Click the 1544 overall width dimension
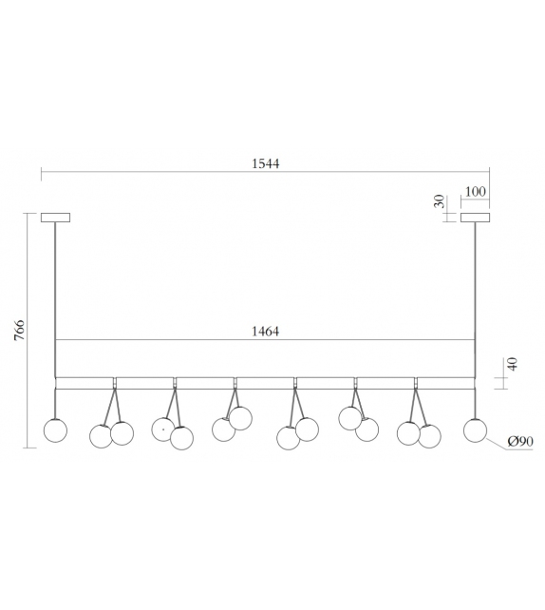tap(266, 163)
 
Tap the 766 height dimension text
tap(19, 330)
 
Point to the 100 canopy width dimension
tap(476, 192)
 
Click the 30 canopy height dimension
tap(439, 203)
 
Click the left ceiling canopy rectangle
tap(55, 218)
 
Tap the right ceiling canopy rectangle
tap(475, 218)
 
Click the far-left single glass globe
tap(56, 429)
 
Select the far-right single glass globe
tap(475, 429)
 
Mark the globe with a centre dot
tap(163, 429)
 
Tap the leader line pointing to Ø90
tap(496, 443)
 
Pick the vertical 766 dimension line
tap(28, 330)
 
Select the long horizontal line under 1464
tap(266, 340)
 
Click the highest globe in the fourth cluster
tap(240, 417)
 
